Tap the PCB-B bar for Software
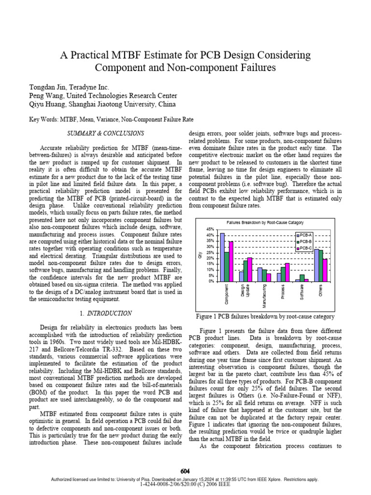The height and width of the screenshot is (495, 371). point(302,278)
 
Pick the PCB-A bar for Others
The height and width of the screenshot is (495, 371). point(316,265)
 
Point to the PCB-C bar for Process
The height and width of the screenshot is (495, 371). point(287,272)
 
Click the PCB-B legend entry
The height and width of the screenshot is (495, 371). point(305,240)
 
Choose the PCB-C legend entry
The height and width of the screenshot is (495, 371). point(305,247)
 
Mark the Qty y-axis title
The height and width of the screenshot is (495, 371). point(200,255)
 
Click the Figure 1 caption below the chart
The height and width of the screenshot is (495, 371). point(265,317)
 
